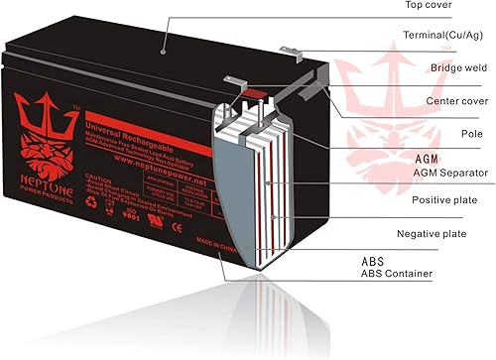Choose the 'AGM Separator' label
point(450,173)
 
